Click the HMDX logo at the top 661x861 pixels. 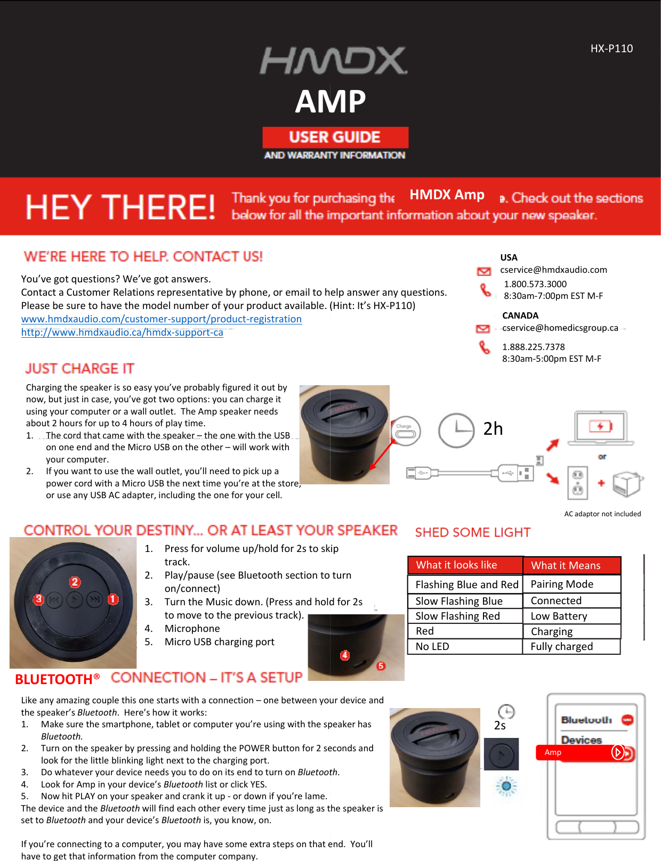[x=334, y=61]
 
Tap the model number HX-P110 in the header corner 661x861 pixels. [x=611, y=48]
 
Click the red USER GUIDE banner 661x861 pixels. [x=335, y=137]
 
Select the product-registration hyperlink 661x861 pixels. [x=162, y=319]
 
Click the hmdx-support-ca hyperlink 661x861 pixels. [x=122, y=332]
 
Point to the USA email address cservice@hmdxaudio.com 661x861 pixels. [x=553, y=270]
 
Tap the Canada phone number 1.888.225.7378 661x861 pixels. [x=533, y=347]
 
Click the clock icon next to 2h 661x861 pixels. [x=456, y=430]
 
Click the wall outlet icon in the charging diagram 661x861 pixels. [x=577, y=483]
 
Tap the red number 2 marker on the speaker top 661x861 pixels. [x=75, y=582]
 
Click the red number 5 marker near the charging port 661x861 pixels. [x=381, y=666]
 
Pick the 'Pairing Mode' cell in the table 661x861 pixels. [x=562, y=584]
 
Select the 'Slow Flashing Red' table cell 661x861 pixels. [x=457, y=616]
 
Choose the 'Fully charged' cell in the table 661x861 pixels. [x=561, y=646]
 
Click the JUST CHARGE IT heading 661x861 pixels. [x=79, y=369]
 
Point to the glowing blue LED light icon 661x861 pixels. [x=506, y=786]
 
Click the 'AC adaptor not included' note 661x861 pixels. [x=602, y=514]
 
